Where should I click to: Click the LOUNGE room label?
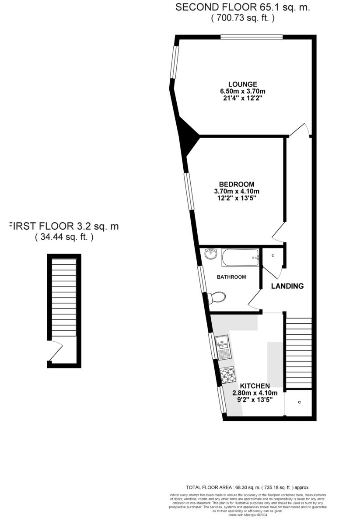pyautogui.click(x=242, y=84)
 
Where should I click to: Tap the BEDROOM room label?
pyautogui.click(x=237, y=184)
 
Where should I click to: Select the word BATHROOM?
pyautogui.click(x=231, y=277)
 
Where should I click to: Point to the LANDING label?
pyautogui.click(x=287, y=286)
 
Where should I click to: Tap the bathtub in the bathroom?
pyautogui.click(x=241, y=258)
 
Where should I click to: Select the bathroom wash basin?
pyautogui.click(x=211, y=253)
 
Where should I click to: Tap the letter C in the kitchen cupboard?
pyautogui.click(x=300, y=402)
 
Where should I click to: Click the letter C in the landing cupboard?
pyautogui.click(x=273, y=255)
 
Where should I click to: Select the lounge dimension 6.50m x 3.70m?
pyautogui.click(x=242, y=91)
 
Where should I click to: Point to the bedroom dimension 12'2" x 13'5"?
pyautogui.click(x=237, y=198)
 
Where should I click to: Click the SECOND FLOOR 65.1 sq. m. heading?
pyautogui.click(x=242, y=7)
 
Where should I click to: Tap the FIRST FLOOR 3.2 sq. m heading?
pyautogui.click(x=64, y=227)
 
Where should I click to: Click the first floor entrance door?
pyautogui.click(x=56, y=351)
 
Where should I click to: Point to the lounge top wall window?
pyautogui.click(x=252, y=37)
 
